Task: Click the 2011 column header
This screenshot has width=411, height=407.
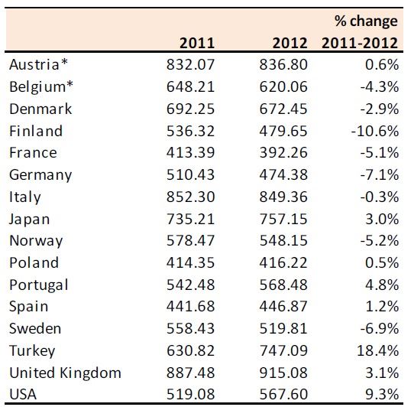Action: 197,43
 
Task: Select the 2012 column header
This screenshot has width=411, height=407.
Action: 290,43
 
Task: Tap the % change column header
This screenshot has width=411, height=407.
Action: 360,32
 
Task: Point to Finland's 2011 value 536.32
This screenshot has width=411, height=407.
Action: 190,131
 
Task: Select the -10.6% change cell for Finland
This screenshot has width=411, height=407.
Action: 375,131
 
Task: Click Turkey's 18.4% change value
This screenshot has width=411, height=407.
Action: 377,350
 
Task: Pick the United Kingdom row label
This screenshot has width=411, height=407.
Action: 65,373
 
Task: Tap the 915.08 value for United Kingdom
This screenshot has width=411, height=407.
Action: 283,373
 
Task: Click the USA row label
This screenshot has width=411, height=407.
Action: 23,394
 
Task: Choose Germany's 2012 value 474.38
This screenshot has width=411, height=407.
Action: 283,174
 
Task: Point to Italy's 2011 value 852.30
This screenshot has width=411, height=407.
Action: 190,197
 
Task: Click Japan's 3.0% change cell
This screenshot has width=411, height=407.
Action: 382,219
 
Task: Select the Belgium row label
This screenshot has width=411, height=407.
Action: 41,87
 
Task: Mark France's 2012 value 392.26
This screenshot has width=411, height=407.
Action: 283,152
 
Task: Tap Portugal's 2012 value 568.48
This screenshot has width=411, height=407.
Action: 283,285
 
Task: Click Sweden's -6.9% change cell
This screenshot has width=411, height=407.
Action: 380,328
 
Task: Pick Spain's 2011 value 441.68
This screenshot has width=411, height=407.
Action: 190,306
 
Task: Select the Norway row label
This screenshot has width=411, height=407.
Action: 36,241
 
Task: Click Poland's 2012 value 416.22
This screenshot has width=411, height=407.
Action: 283,262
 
